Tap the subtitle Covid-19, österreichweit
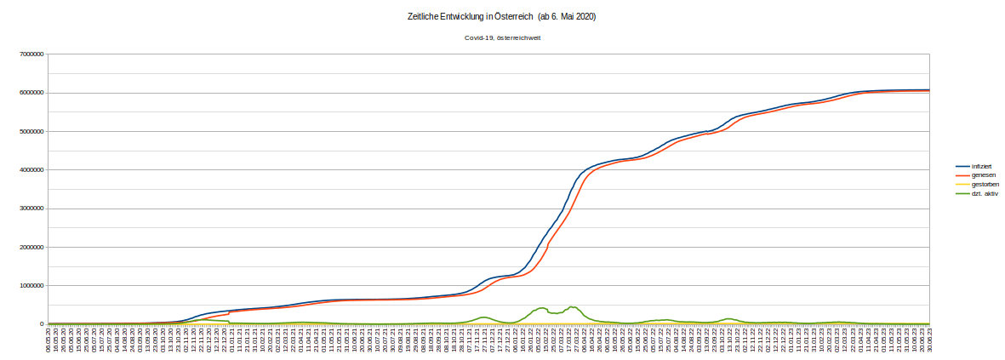(502, 38)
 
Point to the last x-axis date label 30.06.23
(928, 340)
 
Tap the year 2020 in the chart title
(585, 17)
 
